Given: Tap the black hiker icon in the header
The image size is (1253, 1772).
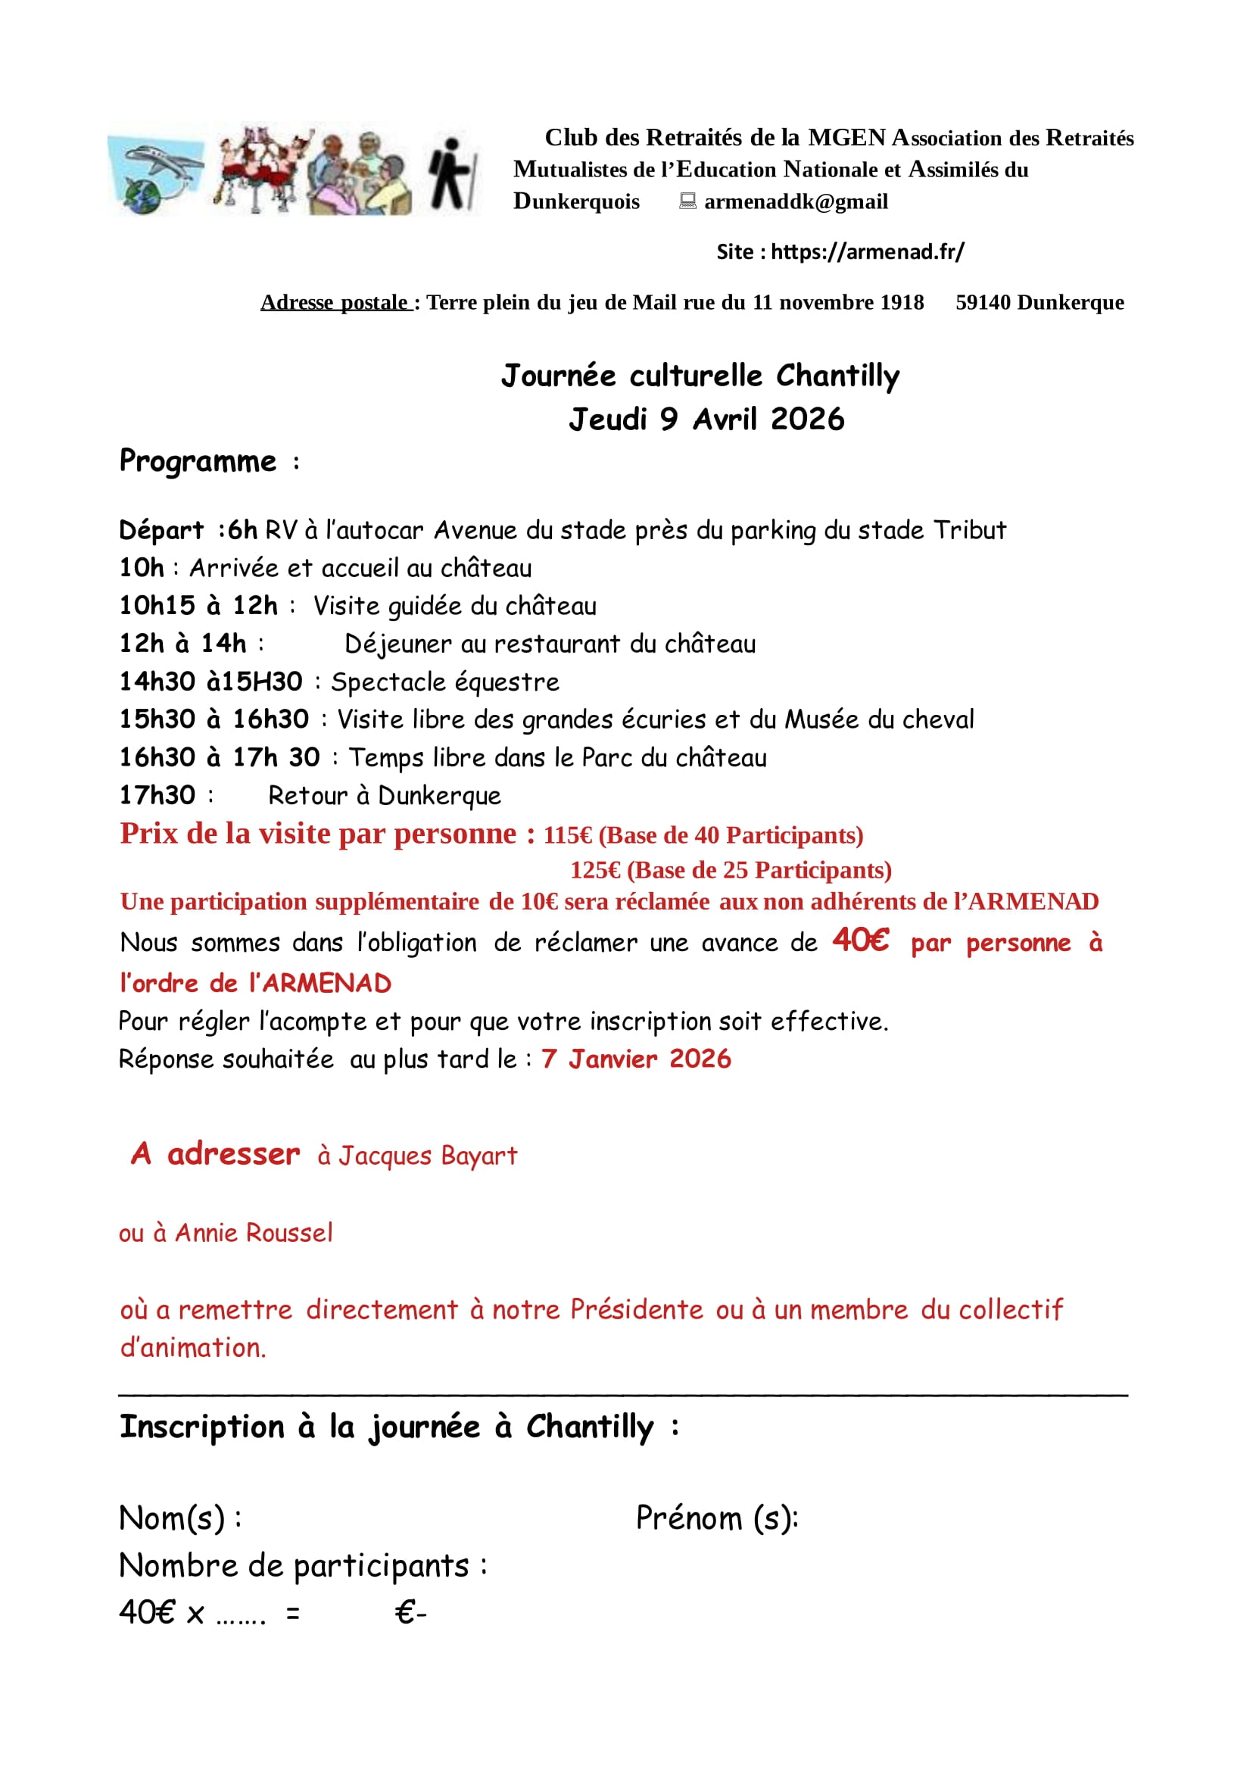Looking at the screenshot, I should pyautogui.click(x=451, y=173).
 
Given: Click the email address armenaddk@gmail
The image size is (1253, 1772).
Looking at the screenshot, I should pyautogui.click(x=796, y=201).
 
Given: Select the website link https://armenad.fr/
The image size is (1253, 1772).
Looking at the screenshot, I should pyautogui.click(x=867, y=251).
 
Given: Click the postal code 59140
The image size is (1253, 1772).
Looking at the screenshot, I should pyautogui.click(x=983, y=303).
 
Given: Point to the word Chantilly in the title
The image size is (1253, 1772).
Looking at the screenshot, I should pyautogui.click(x=838, y=376).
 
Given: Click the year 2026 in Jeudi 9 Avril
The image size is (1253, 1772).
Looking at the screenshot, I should pyautogui.click(x=807, y=419).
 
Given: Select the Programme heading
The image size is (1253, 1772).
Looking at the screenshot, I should pyautogui.click(x=198, y=461).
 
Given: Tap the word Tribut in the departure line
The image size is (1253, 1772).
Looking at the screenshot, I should pyautogui.click(x=970, y=530).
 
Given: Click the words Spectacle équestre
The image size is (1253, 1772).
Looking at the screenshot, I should pyautogui.click(x=445, y=682).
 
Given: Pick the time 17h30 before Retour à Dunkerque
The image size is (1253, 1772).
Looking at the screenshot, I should pyautogui.click(x=157, y=796).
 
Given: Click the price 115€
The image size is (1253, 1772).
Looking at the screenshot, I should pyautogui.click(x=568, y=835).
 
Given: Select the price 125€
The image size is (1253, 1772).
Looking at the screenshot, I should pyautogui.click(x=595, y=871).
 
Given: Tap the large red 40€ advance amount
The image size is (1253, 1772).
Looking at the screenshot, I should pyautogui.click(x=860, y=940).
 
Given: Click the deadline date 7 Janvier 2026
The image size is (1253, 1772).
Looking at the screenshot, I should pyautogui.click(x=636, y=1059).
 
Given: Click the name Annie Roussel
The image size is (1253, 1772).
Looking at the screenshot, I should pyautogui.click(x=254, y=1234).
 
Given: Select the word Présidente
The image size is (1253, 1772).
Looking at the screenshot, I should pyautogui.click(x=637, y=1310).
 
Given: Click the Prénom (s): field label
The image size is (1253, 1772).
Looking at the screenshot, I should pyautogui.click(x=717, y=1519).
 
